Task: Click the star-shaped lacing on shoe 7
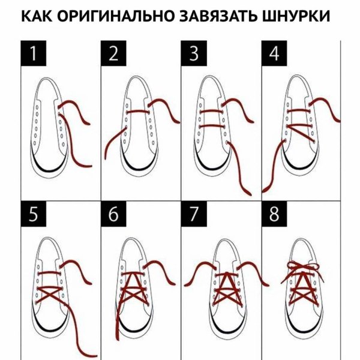(226, 288)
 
